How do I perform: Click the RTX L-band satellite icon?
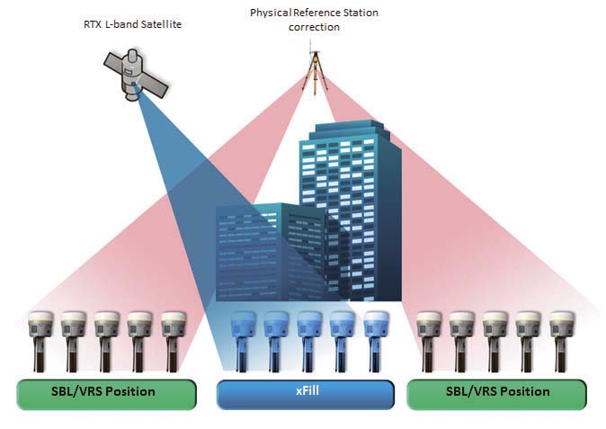coord(135,75)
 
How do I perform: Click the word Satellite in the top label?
coord(161,24)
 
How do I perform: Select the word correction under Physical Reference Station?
coord(314,28)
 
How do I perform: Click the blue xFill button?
coord(306,394)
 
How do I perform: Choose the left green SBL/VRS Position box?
coord(106,394)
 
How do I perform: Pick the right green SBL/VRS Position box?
coord(496,394)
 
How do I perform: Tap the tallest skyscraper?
coord(350,210)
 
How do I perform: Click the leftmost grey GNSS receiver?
coord(40,341)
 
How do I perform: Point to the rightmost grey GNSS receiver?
coord(562,341)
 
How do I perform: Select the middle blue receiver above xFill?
coord(308,341)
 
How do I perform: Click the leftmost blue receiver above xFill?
coord(243,341)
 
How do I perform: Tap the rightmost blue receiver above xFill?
coord(376,341)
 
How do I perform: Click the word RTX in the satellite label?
coord(93,24)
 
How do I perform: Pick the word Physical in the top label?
coord(271,13)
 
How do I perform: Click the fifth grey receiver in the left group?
coord(174,341)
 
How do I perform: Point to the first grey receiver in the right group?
coord(429,341)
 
